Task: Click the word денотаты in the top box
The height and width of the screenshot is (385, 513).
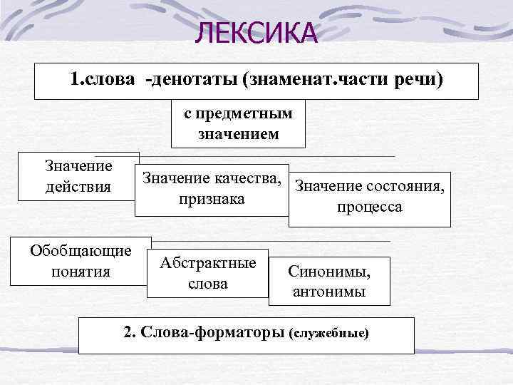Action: click(192, 80)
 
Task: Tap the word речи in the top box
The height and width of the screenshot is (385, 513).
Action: click(418, 80)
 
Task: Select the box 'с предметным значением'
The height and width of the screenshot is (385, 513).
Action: click(239, 123)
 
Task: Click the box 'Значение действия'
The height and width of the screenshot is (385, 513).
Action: click(78, 176)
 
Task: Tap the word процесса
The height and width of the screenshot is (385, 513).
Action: click(370, 207)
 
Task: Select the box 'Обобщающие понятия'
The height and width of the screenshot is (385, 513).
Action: click(81, 261)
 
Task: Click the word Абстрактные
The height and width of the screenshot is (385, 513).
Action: click(207, 263)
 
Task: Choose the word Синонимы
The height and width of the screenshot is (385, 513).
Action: click(329, 271)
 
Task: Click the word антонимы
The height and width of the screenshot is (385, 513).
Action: click(329, 292)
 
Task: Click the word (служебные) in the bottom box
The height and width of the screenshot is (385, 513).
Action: click(330, 333)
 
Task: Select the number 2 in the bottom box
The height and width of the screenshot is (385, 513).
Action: click(128, 332)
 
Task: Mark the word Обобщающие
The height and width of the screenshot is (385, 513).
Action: click(81, 251)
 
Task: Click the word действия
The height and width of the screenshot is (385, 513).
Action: click(78, 187)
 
